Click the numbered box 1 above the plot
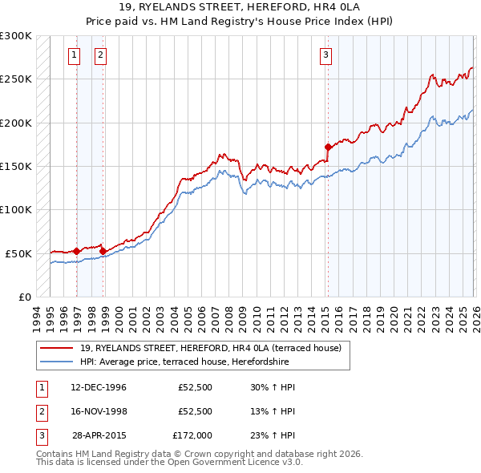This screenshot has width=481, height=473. [x=74, y=55]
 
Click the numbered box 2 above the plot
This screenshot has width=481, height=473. [x=100, y=55]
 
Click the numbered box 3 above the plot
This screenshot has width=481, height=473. [x=326, y=55]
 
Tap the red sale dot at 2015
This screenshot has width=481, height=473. [x=328, y=147]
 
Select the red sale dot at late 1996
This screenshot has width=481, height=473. [x=77, y=251]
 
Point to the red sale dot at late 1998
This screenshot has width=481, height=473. [x=103, y=251]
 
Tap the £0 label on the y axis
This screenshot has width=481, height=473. [x=24, y=297]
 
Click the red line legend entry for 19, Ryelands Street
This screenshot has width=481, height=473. [x=211, y=348]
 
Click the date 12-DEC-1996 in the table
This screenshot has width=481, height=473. [x=99, y=387]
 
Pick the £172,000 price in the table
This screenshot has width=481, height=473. [x=192, y=435]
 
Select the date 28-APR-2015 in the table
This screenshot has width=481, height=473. [x=99, y=435]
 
